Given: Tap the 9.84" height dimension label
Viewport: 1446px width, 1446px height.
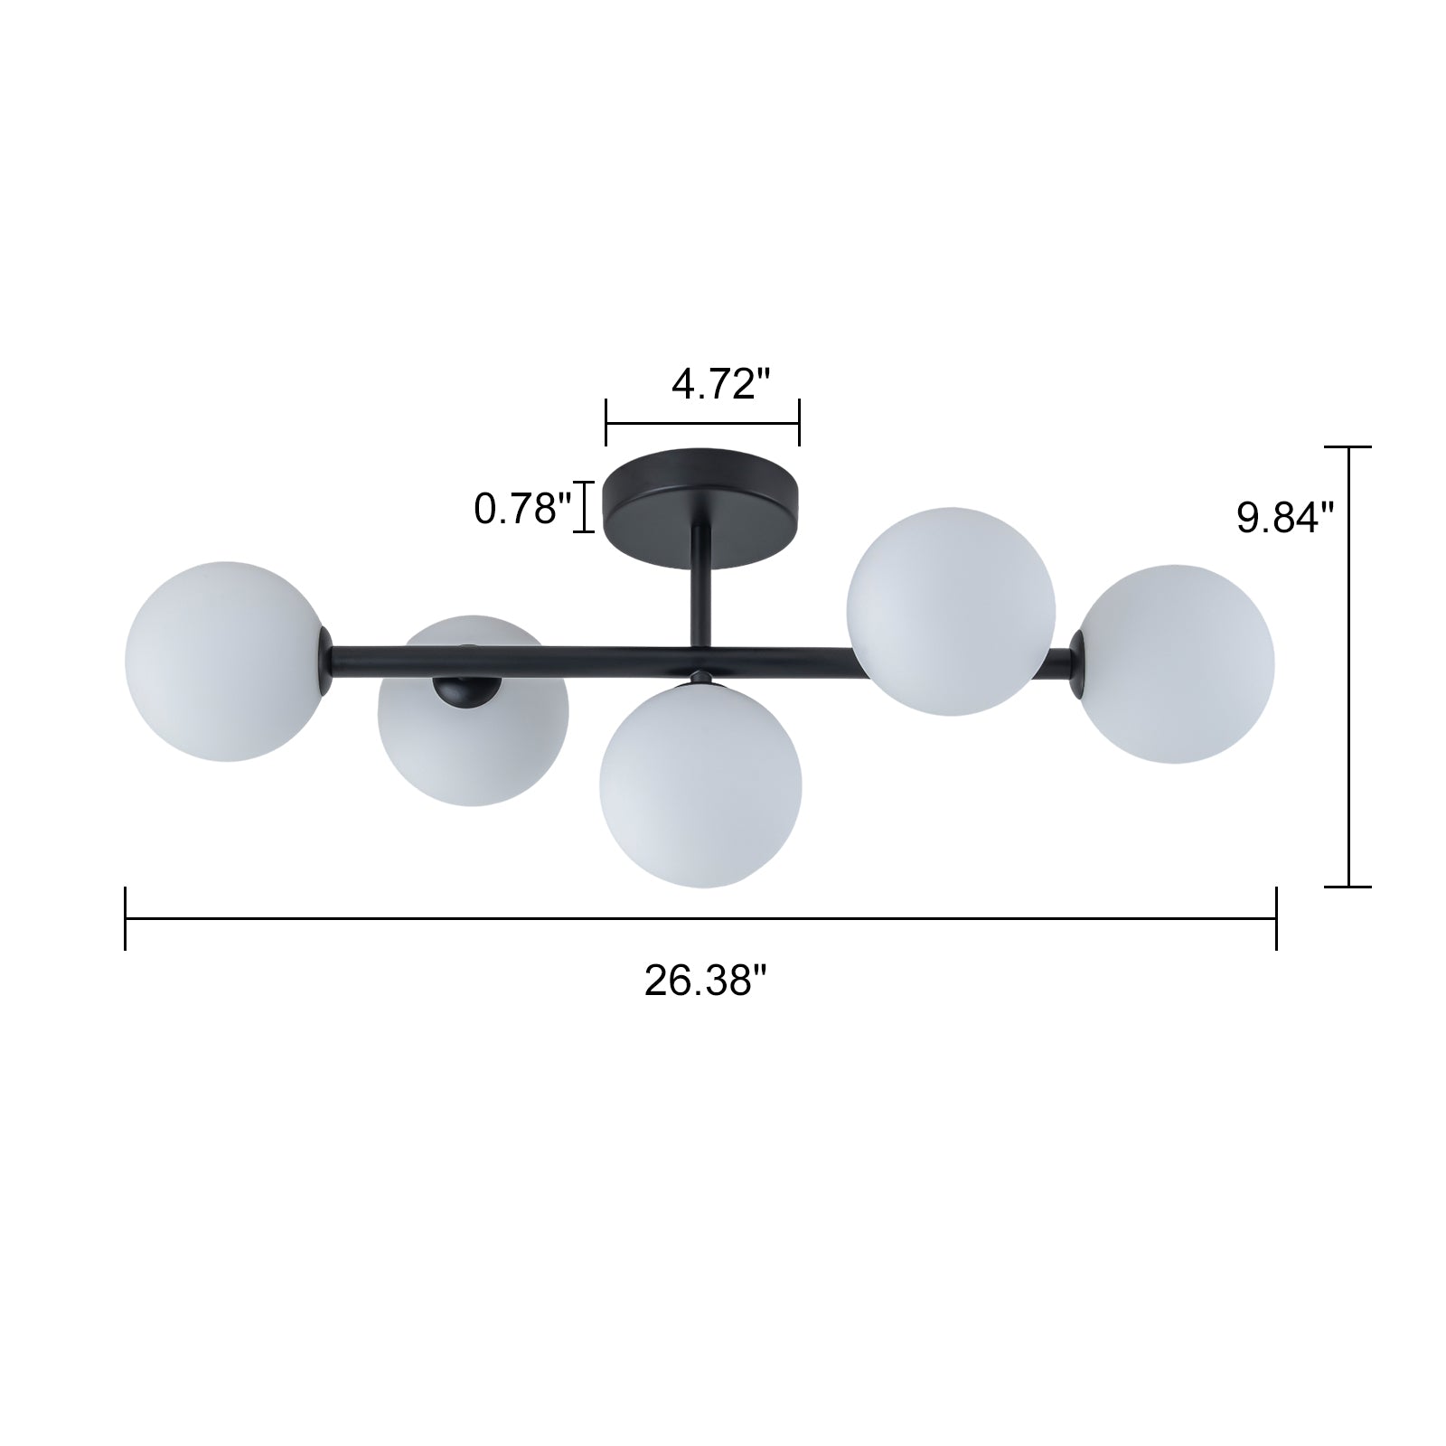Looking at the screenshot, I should [1285, 518].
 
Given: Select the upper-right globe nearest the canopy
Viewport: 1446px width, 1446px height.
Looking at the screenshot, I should [950, 612].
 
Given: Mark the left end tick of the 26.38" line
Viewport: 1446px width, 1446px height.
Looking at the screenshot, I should [126, 918].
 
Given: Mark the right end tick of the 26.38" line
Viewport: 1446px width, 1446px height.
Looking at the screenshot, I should [1276, 918].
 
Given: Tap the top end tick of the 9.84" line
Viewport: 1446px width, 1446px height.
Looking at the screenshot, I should [1348, 447].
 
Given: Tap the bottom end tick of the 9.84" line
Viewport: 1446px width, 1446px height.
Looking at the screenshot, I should [1348, 886].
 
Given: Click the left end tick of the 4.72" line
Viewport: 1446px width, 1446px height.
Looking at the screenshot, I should [606, 422].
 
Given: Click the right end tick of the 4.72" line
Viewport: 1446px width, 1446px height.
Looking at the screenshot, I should [799, 422].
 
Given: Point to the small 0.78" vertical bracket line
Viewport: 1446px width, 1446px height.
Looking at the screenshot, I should [586, 508].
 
